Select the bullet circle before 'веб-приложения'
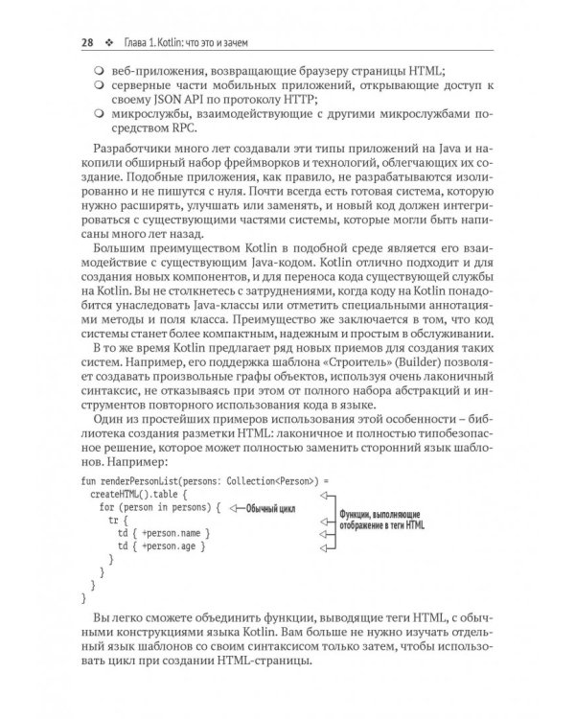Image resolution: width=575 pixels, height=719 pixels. [98, 72]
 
